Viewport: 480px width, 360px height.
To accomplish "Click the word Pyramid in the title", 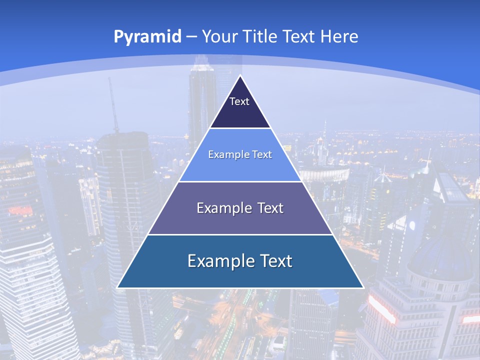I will coord(147,36).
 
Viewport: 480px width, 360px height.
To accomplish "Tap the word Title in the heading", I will coord(261,36).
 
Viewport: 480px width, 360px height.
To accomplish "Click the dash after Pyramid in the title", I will coord(191,37).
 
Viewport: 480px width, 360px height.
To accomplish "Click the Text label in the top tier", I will coord(239,101).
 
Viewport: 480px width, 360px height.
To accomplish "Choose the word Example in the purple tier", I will coord(220,208).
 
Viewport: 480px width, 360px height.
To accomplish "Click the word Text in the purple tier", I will coord(267,208).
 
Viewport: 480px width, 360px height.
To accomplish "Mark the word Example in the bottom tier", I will coord(215,261).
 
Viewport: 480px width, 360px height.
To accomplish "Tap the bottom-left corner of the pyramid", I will coord(117,287).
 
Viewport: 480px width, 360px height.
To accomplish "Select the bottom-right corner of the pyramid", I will coord(363,287).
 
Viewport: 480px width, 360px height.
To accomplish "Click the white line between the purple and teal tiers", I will coord(240,234).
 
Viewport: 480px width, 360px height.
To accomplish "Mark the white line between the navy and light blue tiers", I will coord(240,128).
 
